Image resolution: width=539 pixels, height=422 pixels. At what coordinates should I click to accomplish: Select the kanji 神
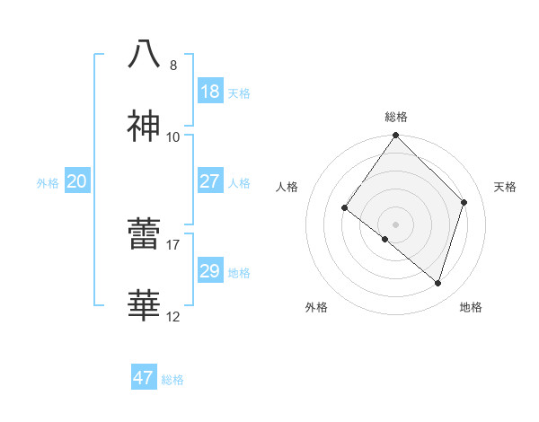click(144, 127)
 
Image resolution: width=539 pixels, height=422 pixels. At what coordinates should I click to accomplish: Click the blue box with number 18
click(210, 92)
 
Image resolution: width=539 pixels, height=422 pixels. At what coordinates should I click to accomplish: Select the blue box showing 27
click(210, 181)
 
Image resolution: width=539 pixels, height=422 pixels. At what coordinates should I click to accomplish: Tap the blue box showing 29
click(210, 271)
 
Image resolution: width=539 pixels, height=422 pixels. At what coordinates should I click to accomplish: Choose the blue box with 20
click(77, 181)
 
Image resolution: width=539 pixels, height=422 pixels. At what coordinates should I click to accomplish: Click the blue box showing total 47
click(144, 378)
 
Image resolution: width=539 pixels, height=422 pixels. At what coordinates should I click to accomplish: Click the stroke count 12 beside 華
click(172, 316)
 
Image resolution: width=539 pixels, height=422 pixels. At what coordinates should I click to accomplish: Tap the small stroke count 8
click(173, 65)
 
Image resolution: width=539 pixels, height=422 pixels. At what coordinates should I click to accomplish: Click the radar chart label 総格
click(396, 117)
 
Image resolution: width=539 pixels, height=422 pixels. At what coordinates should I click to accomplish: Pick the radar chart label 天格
click(506, 187)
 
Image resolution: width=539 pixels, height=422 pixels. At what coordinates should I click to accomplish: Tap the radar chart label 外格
click(316, 308)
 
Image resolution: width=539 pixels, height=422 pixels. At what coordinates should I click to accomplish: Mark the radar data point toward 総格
click(396, 136)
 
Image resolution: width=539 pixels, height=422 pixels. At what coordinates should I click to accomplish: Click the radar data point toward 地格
click(438, 284)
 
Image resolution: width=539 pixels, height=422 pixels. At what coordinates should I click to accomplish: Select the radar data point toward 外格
click(384, 239)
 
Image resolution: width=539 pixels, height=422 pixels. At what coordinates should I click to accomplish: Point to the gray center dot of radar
click(395, 224)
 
